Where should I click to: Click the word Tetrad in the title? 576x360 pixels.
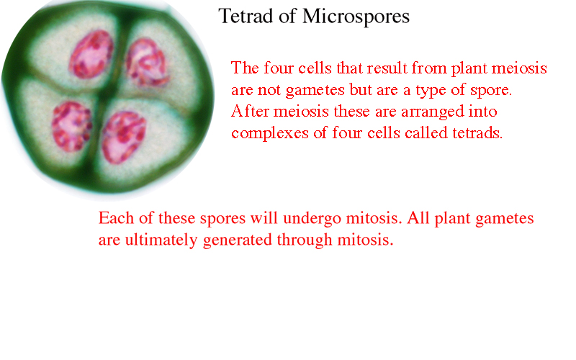pos(246,16)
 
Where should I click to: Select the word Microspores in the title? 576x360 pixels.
pos(356,17)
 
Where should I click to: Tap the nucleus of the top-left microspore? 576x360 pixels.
pos(91,54)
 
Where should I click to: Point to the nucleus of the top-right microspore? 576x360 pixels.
pos(148,63)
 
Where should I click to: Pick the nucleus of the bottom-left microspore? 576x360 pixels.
pos(71,127)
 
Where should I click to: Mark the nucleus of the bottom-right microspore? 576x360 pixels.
pos(124,137)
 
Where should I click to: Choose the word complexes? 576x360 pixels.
pos(270,134)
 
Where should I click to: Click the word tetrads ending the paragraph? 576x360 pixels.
pos(477,132)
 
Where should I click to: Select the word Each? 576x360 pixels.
pos(116,218)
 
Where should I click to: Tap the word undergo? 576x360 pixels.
pos(312,219)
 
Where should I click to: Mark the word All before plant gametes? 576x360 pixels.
pos(418,218)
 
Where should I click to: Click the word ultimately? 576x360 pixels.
pos(161,240)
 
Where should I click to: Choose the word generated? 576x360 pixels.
pos(238,240)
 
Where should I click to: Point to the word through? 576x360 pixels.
pos(305,240)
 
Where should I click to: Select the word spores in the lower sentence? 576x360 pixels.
pos(222,219)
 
